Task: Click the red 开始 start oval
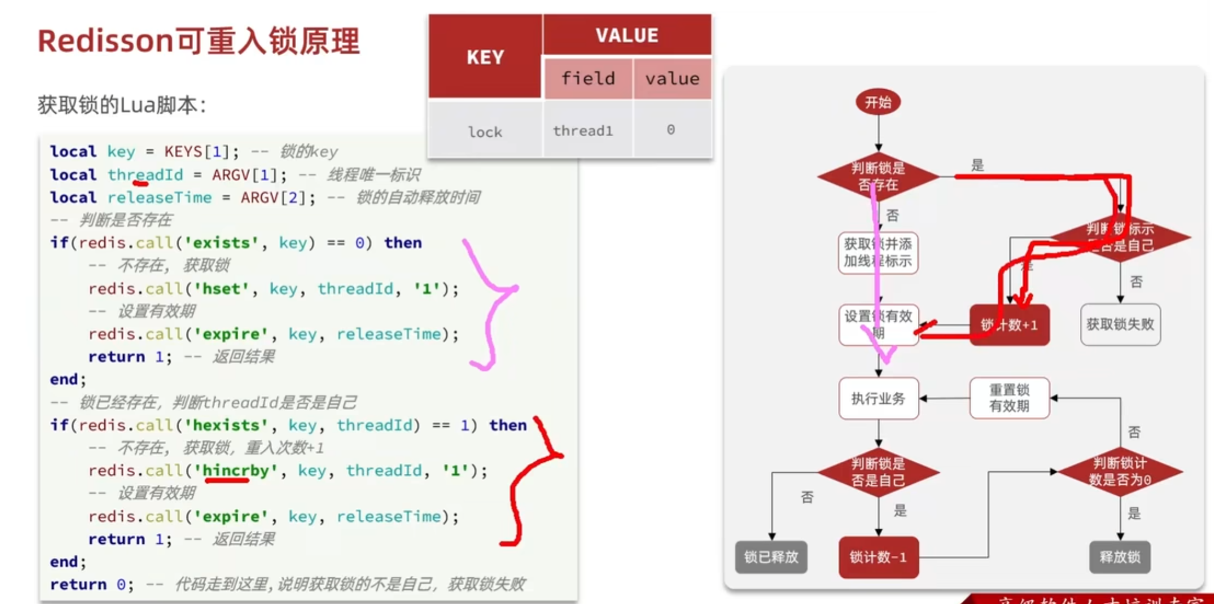click(878, 102)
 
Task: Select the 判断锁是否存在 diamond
click(878, 176)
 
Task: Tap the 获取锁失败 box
click(1120, 324)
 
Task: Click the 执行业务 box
click(878, 398)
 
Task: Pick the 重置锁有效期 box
click(1009, 398)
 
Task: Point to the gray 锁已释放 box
click(770, 557)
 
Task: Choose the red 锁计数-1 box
click(878, 557)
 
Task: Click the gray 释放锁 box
click(1120, 557)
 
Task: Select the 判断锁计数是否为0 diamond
click(1120, 472)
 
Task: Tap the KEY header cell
click(485, 57)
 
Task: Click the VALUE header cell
click(627, 35)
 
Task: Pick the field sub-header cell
click(588, 79)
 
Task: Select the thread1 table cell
click(583, 131)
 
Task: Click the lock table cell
click(485, 132)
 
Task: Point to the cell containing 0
click(671, 130)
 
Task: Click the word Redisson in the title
click(105, 41)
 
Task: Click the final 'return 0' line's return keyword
click(78, 584)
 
